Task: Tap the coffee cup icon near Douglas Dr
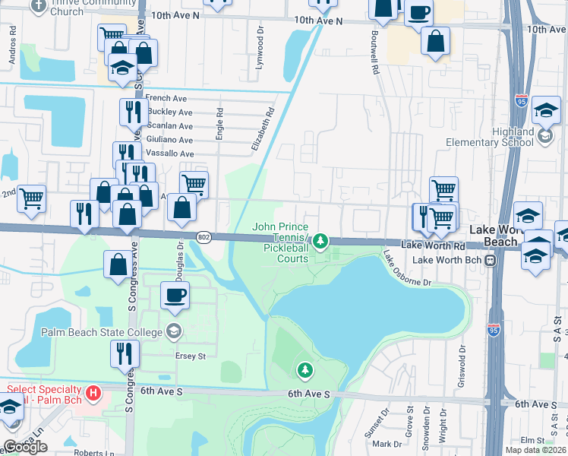tap(175, 295)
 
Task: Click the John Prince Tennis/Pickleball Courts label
tap(280, 242)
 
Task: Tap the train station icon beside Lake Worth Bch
tap(491, 260)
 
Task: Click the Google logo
tap(25, 447)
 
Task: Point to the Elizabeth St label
tap(263, 129)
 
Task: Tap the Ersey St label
tap(191, 356)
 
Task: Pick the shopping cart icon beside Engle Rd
tap(194, 183)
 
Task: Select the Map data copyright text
tap(535, 450)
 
